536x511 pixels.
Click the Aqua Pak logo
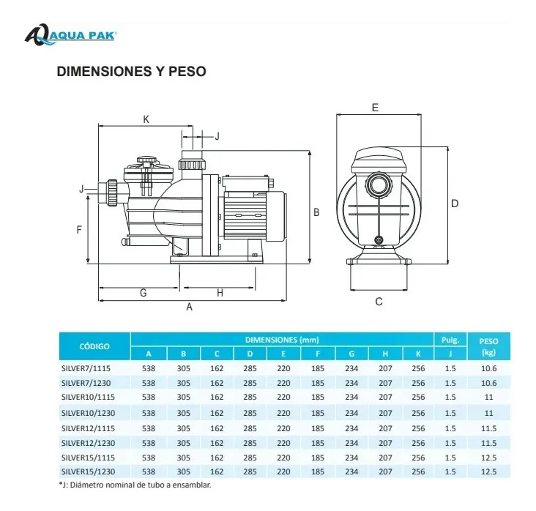[71, 34]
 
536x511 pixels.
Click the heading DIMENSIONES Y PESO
[131, 71]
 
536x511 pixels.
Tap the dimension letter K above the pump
[146, 119]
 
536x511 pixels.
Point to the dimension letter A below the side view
[189, 307]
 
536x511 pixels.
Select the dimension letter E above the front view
[375, 108]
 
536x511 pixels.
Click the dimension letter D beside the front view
[455, 204]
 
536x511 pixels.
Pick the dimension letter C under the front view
[379, 302]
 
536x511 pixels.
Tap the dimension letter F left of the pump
[79, 230]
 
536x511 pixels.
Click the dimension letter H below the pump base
[220, 293]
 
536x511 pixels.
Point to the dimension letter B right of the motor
[316, 212]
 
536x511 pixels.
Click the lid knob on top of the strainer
[146, 160]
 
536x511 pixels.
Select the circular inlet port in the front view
[379, 184]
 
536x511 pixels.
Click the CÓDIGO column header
[94, 346]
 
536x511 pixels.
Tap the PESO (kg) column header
[489, 346]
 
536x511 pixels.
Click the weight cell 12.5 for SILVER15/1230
[489, 471]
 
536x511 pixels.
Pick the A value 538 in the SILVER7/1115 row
[149, 368]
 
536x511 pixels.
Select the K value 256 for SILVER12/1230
[418, 443]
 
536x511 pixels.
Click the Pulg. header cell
[450, 340]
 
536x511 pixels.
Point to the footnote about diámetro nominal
[135, 485]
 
